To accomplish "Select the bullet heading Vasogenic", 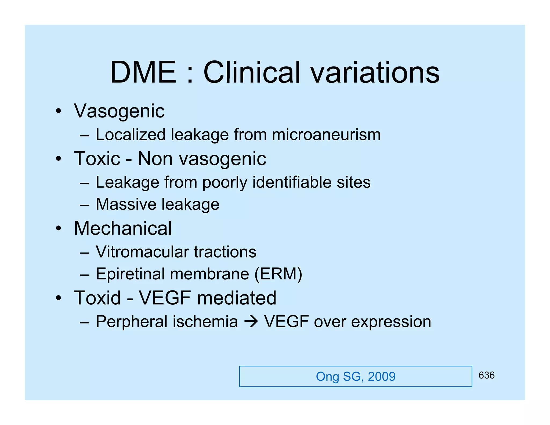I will [x=119, y=111].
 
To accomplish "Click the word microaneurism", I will [x=326, y=135].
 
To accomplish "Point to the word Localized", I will [x=131, y=135].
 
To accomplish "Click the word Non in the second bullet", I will [x=155, y=159].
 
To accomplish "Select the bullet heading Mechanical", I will [x=123, y=228].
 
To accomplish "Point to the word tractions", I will [x=225, y=252].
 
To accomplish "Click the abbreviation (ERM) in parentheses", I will [x=278, y=274].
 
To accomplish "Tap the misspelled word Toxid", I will [x=97, y=298].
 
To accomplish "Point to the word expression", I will [x=391, y=322].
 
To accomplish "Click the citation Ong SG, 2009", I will [x=356, y=376].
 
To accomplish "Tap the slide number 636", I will [x=486, y=375].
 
